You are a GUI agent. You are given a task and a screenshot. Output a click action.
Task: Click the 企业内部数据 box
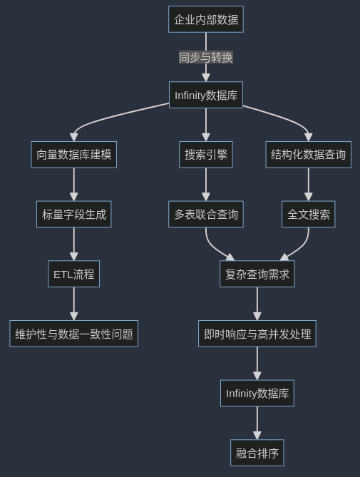[x=206, y=19]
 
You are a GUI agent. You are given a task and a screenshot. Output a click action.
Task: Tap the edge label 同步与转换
[x=206, y=57]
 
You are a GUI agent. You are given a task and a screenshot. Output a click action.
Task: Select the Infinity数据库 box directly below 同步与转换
[x=206, y=95]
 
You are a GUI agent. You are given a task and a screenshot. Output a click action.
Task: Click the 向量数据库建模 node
[x=73, y=154]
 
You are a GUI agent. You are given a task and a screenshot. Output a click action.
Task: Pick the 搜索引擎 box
[x=206, y=154]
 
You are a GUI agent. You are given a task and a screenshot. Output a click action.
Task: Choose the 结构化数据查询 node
[x=308, y=154]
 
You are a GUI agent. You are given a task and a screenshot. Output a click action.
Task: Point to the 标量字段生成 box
[x=73, y=214]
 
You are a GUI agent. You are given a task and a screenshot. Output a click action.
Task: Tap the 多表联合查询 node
[x=206, y=214]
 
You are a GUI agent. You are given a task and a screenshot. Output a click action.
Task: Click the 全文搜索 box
[x=308, y=214]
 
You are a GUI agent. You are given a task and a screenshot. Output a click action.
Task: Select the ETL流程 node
[x=73, y=274]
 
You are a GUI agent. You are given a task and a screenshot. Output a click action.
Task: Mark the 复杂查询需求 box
[x=257, y=274]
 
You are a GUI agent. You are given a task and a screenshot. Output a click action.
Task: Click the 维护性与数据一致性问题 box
[x=73, y=333]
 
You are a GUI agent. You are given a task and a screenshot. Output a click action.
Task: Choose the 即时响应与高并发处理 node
[x=257, y=333]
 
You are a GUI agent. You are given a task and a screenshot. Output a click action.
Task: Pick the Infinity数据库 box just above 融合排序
[x=257, y=393]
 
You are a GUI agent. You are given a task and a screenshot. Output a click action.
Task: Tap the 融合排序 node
[x=257, y=453]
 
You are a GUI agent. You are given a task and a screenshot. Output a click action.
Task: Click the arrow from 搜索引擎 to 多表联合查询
[x=206, y=184]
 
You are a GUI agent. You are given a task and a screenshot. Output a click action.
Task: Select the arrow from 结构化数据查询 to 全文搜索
[x=308, y=184]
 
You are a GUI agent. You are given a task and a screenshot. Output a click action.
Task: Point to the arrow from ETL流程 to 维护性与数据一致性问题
[x=73, y=303]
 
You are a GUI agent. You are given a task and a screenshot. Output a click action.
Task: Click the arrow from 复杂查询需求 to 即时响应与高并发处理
[x=257, y=303]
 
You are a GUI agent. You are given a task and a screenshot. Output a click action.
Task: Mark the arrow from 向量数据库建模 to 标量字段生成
[x=73, y=184]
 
